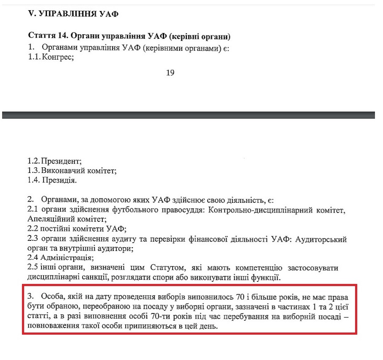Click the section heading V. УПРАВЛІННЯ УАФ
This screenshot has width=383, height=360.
(73, 14)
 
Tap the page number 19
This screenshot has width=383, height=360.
(170, 73)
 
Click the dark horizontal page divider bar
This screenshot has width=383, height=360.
(188, 115)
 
